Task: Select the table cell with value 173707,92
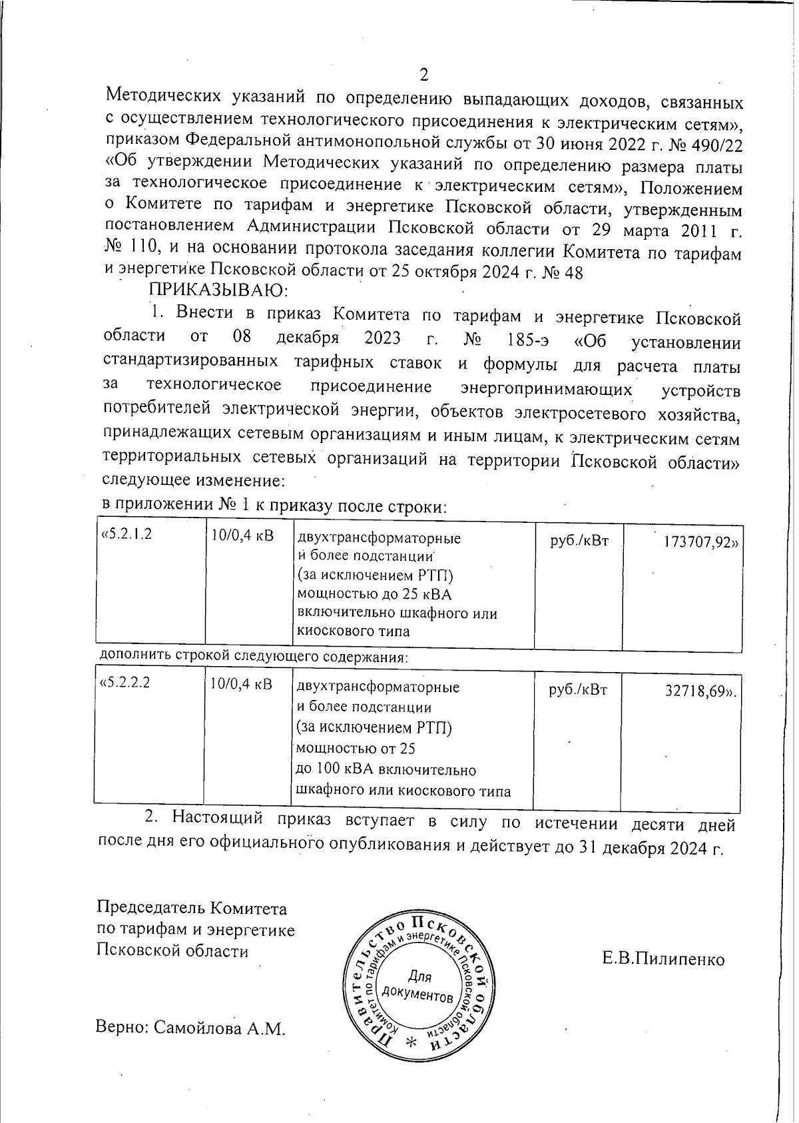coord(700,542)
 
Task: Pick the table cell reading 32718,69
coord(701,691)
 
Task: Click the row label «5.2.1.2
coord(126,535)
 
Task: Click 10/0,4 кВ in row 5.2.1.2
coord(242,536)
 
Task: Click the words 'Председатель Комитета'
coord(192,909)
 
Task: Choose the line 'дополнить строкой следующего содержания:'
coord(253,656)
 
